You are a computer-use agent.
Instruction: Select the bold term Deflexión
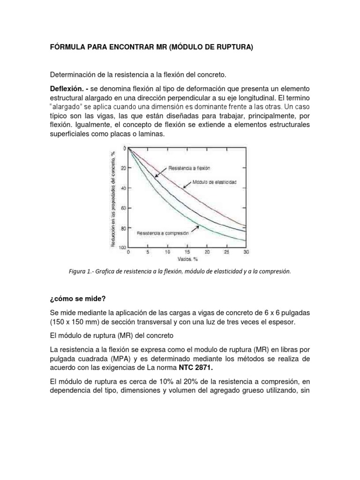pos(67,89)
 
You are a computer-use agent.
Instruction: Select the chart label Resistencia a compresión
pos(162,232)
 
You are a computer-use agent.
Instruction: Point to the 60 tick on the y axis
pos(123,208)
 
